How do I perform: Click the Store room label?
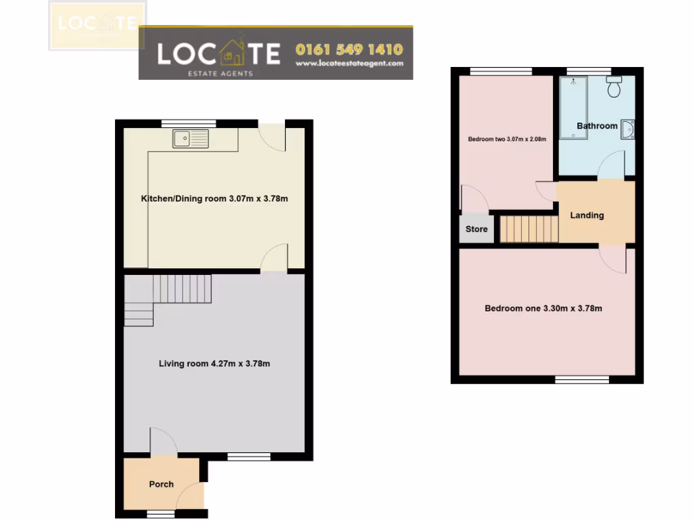(x=476, y=230)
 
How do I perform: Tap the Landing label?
(x=587, y=215)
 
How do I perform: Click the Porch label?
(x=161, y=484)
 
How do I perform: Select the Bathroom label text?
(x=597, y=126)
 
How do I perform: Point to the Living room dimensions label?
(x=215, y=364)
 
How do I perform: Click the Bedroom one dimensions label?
(x=543, y=309)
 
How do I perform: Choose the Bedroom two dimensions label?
(x=507, y=139)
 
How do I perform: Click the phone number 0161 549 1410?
(x=349, y=49)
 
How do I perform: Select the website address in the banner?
(x=349, y=64)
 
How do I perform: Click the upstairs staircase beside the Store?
(x=529, y=228)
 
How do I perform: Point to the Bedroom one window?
(x=580, y=380)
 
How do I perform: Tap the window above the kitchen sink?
(x=189, y=123)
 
